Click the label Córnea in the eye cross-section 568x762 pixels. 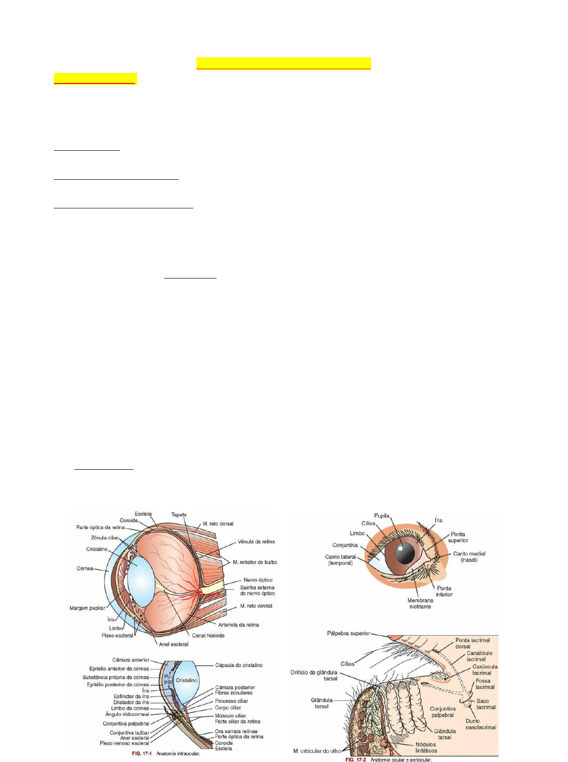[85, 568]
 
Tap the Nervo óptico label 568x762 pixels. [258, 580]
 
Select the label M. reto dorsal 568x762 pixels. [218, 524]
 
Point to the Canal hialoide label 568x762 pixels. [208, 635]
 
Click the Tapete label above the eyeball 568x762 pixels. [179, 515]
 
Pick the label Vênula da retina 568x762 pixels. [257, 542]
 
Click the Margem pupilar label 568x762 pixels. [87, 608]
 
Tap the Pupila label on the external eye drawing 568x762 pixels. [382, 515]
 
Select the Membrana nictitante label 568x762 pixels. [420, 603]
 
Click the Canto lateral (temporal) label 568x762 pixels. [340, 560]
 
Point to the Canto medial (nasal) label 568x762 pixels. [469, 556]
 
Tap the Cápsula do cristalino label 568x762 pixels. [238, 665]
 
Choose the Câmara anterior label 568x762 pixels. [131, 660]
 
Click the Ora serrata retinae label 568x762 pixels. [236, 731]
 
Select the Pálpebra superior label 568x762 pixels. [349, 633]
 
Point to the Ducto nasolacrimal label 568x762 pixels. [481, 724]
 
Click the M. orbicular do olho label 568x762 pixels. [317, 751]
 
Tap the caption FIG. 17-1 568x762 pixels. [142, 754]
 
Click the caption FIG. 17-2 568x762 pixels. [355, 760]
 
